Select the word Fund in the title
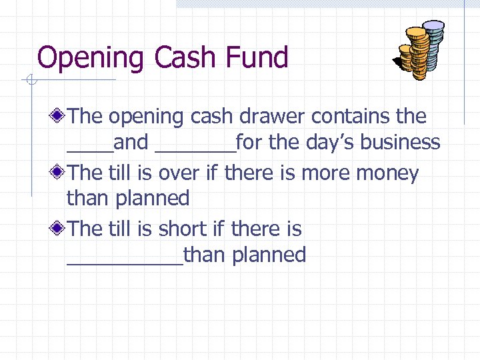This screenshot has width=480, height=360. (256, 57)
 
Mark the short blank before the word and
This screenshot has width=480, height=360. (90, 150)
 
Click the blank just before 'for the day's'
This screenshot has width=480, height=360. (195, 150)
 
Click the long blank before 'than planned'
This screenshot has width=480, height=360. (125, 263)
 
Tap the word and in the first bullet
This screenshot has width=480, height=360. (131, 142)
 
